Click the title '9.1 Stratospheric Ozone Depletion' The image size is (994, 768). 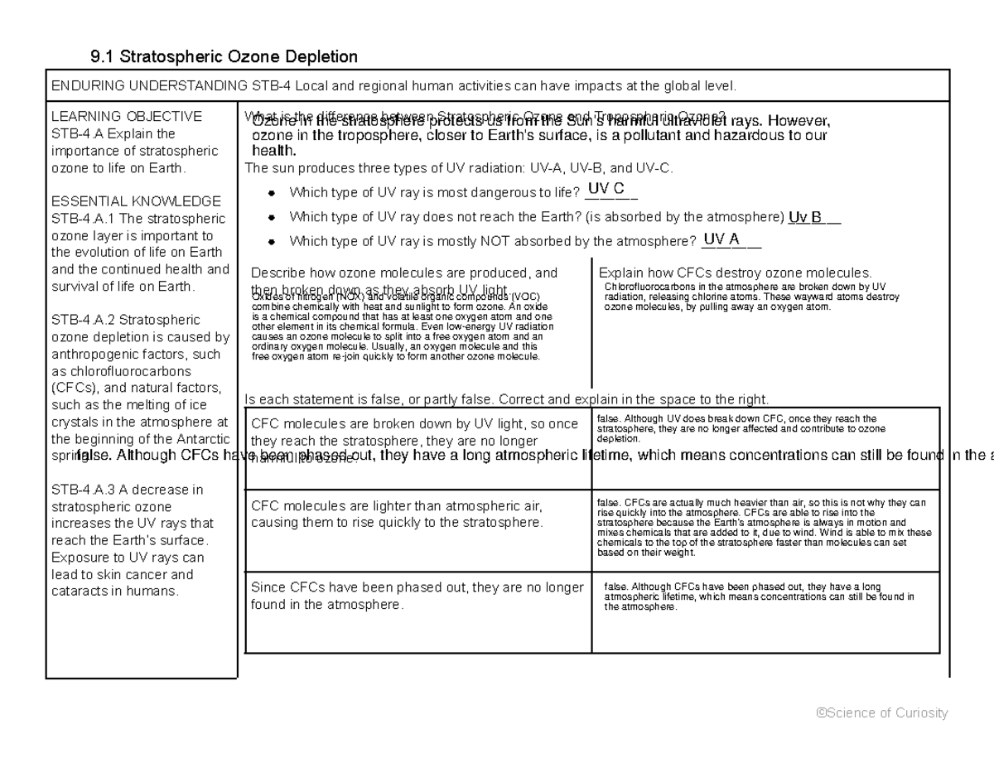[x=224, y=57]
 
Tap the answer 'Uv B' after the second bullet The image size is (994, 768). [x=805, y=218]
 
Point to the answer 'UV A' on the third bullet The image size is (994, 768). [x=721, y=239]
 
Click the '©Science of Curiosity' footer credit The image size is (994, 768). [x=881, y=713]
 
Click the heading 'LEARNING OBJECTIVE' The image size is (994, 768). [x=126, y=116]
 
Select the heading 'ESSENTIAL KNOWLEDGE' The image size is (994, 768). [x=136, y=201]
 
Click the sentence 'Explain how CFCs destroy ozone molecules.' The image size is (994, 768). [x=735, y=273]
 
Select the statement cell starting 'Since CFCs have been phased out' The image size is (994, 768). [x=417, y=596]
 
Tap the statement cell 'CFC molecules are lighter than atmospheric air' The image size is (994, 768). [x=397, y=514]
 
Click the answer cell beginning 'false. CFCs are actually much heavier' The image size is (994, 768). [x=764, y=528]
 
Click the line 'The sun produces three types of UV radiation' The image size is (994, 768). [x=460, y=168]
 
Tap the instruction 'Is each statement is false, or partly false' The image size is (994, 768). [x=508, y=398]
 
